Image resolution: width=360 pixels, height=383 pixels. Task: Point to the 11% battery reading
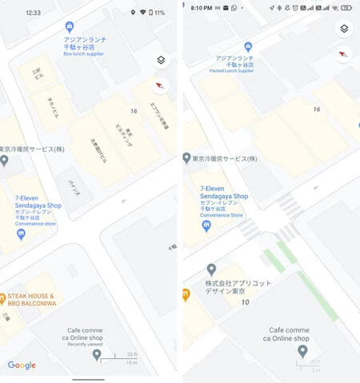point(160,13)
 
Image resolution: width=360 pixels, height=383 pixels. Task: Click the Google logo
point(22,365)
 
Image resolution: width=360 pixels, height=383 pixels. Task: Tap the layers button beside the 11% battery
point(161,60)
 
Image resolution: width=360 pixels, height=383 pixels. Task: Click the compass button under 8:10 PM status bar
point(343,54)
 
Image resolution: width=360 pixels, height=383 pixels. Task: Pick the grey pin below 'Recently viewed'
point(98,354)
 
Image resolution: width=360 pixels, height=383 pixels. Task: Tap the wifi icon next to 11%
point(144,13)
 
